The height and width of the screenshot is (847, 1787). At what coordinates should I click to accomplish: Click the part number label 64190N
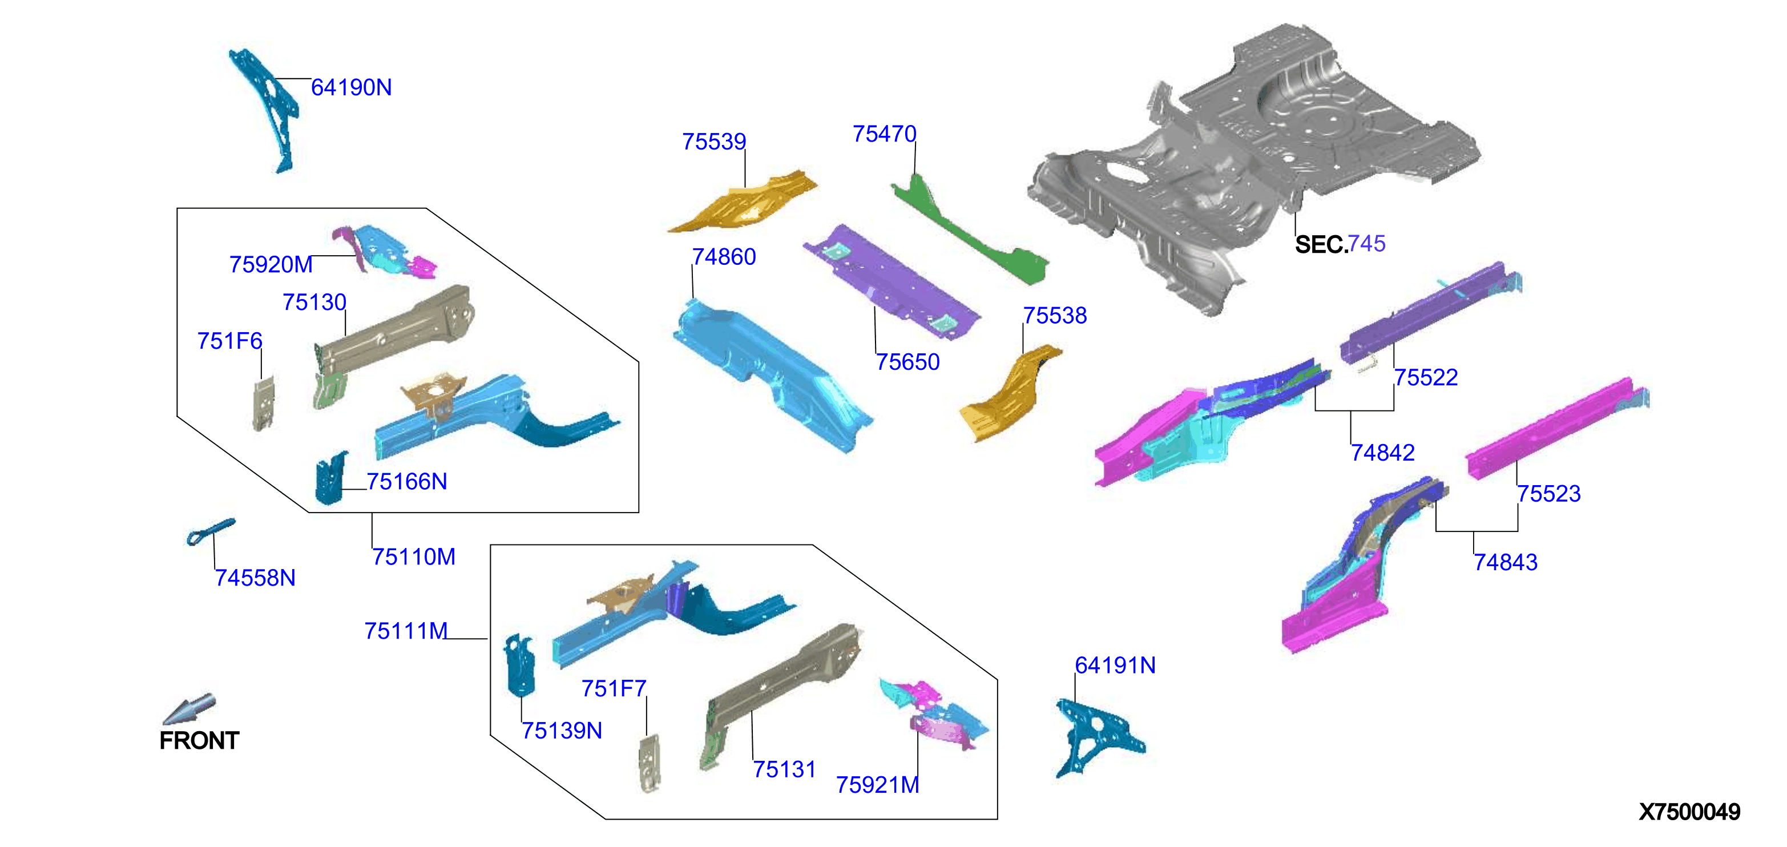pyautogui.click(x=351, y=87)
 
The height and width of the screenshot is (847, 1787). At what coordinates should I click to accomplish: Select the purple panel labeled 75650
pyautogui.click(x=892, y=281)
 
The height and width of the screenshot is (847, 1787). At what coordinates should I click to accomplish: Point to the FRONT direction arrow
pyautogui.click(x=189, y=709)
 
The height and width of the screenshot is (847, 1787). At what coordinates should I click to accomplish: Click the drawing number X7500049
pyautogui.click(x=1689, y=812)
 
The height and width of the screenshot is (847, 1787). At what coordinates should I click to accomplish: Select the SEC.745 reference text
pyautogui.click(x=1340, y=244)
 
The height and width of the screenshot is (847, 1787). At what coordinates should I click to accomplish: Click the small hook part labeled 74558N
pyautogui.click(x=210, y=531)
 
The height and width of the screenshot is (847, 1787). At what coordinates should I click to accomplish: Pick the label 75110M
pyautogui.click(x=413, y=557)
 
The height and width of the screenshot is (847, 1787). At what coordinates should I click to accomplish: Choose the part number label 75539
pyautogui.click(x=714, y=142)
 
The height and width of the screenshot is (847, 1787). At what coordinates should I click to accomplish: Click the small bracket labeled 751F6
pyautogui.click(x=264, y=403)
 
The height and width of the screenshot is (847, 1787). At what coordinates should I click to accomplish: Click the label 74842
pyautogui.click(x=1382, y=453)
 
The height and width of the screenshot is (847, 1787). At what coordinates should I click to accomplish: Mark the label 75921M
pyautogui.click(x=878, y=785)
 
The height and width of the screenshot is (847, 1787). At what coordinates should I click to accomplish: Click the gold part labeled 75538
pyautogui.click(x=1009, y=394)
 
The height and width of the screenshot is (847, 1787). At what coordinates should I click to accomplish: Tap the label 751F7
pyautogui.click(x=614, y=689)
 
